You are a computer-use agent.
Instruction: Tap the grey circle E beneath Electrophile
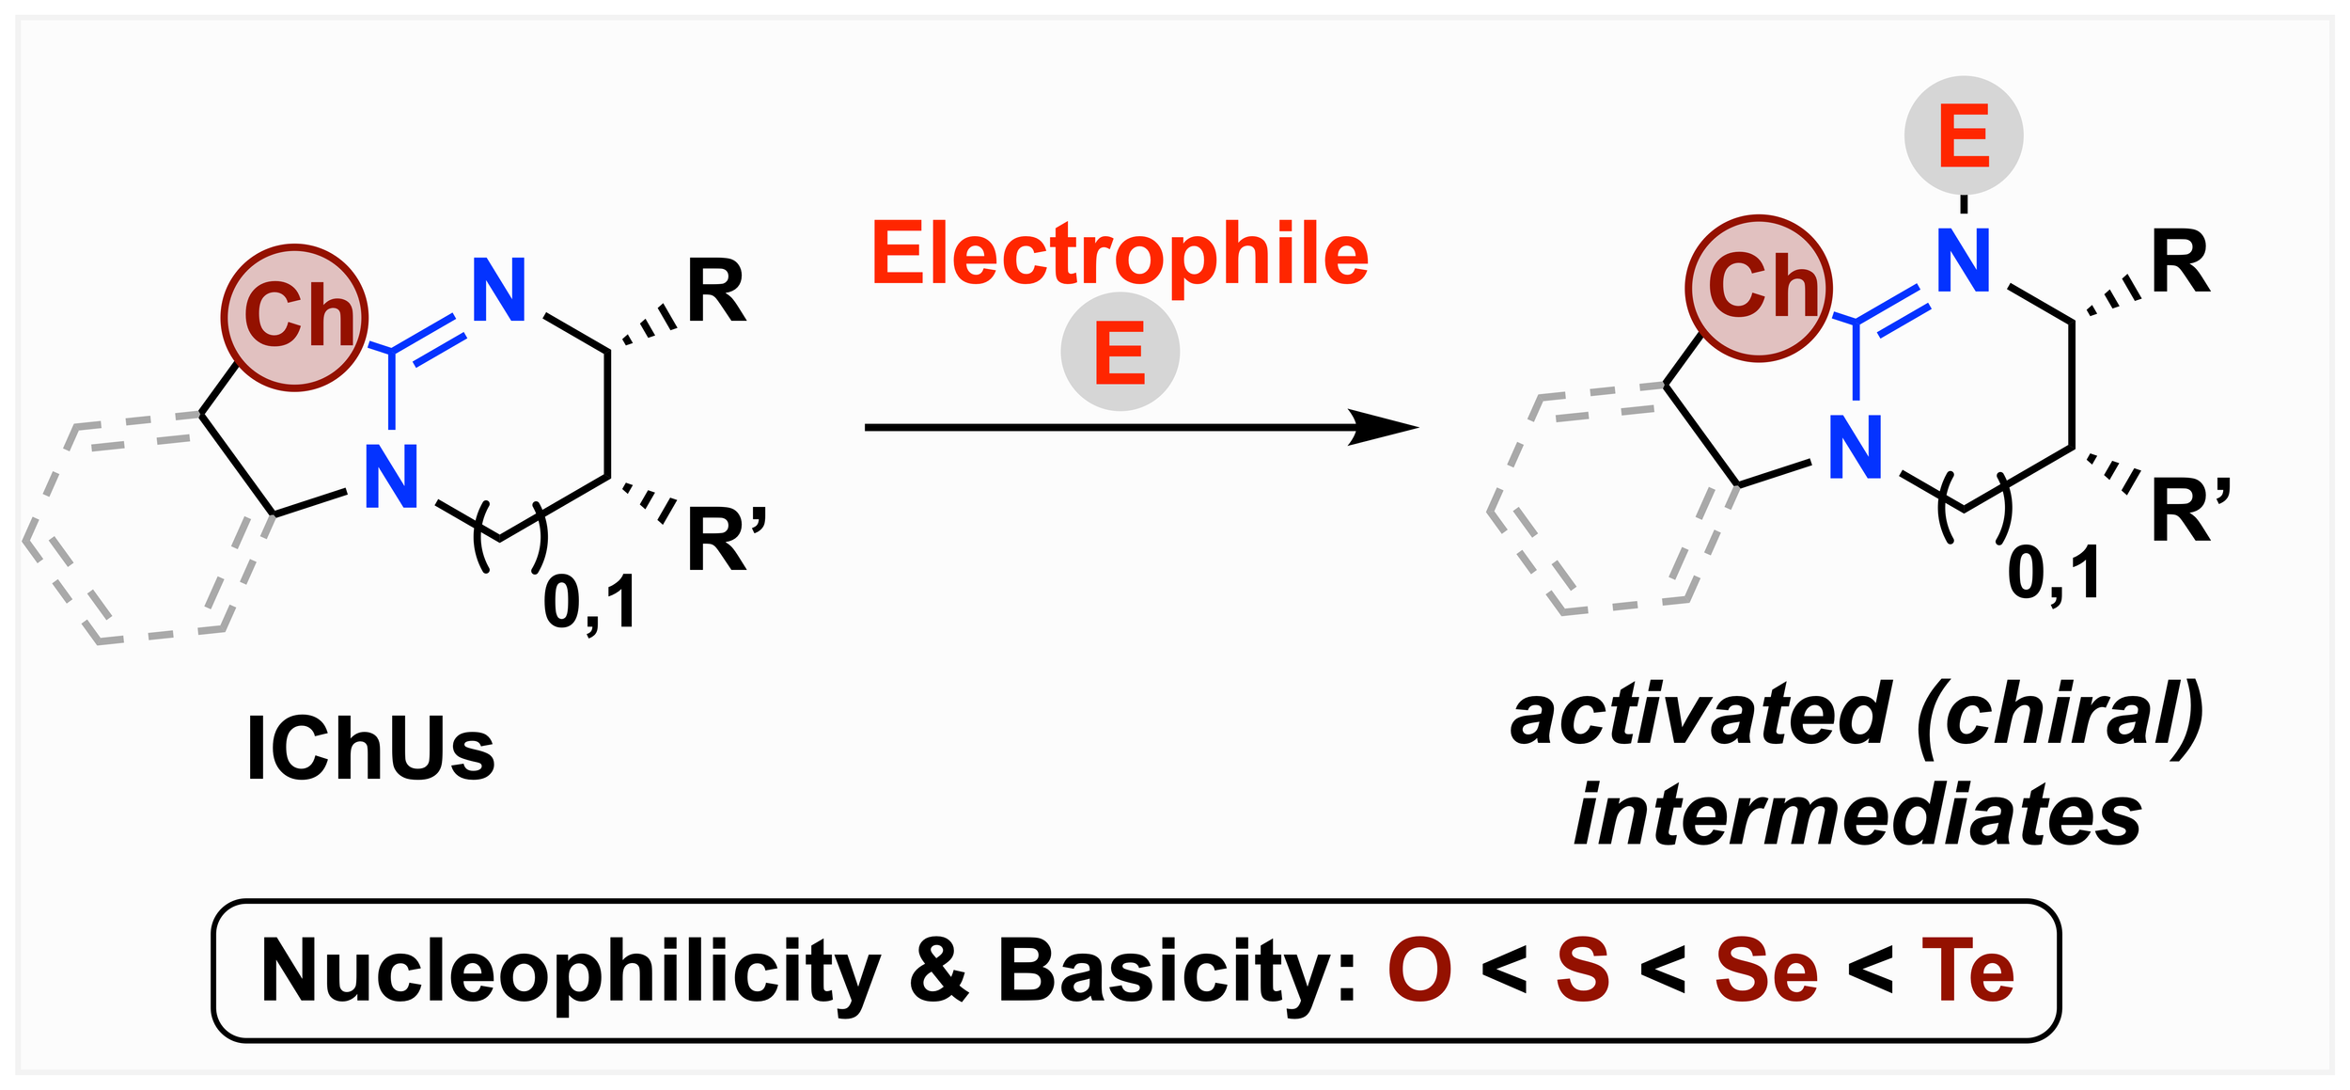(1120, 353)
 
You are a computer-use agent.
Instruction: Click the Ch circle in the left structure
(295, 317)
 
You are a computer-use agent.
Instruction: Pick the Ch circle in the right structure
(1759, 288)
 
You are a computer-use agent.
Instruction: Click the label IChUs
(370, 750)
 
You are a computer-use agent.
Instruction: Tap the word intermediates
(1857, 815)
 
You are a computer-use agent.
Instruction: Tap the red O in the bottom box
(1420, 971)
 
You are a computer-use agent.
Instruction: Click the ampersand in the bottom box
(938, 971)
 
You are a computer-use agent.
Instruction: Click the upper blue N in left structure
(498, 292)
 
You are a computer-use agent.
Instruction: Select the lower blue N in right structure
(1856, 449)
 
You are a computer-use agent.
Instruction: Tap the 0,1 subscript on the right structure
(2053, 574)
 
